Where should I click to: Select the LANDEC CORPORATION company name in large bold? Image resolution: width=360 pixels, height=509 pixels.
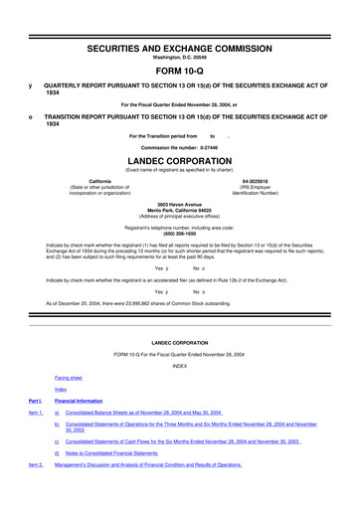[x=179, y=158]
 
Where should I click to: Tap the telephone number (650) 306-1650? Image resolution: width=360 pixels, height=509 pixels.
[x=179, y=233]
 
